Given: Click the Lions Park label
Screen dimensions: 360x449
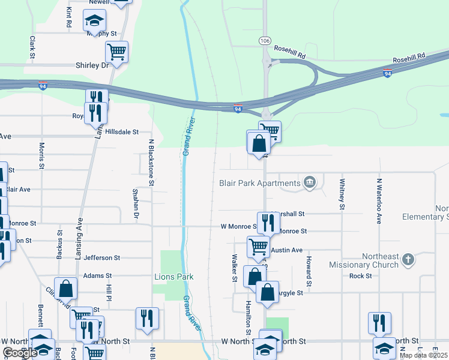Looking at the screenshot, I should click(x=174, y=277).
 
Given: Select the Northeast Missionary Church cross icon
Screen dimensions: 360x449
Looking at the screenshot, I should click(x=408, y=260).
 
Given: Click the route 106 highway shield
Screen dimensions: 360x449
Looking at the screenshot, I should click(x=265, y=40).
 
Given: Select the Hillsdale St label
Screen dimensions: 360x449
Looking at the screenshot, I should click(x=122, y=131).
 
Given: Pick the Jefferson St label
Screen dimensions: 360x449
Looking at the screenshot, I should click(x=102, y=257).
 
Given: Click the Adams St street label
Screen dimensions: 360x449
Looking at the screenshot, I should click(x=98, y=275).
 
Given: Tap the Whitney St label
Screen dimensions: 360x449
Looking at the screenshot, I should click(x=342, y=193).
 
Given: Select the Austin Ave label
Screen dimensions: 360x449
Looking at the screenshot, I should click(x=286, y=250).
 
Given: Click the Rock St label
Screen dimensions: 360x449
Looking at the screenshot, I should click(x=361, y=276).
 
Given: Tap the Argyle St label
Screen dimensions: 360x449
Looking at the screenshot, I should click(x=292, y=292).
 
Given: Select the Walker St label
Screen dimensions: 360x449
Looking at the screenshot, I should click(x=235, y=266).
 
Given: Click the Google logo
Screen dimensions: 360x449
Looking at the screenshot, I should click(x=19, y=353).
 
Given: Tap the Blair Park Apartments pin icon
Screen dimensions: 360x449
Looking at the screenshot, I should click(x=309, y=182).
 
